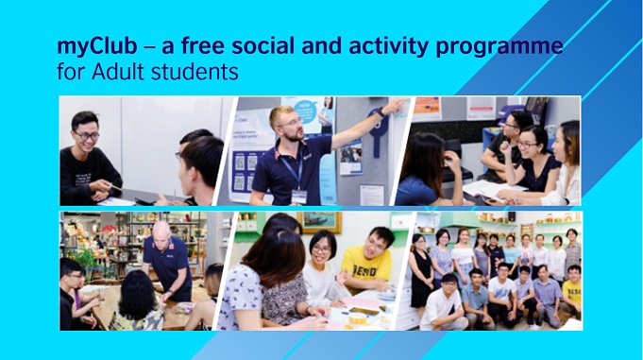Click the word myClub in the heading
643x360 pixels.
91,46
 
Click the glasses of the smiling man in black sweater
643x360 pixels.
86,136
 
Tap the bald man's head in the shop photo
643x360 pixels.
161,230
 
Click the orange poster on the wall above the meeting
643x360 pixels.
427,107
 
